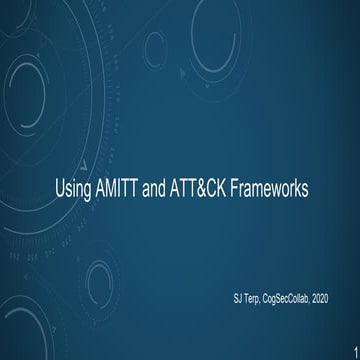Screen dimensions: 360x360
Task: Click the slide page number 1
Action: (x=354, y=351)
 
